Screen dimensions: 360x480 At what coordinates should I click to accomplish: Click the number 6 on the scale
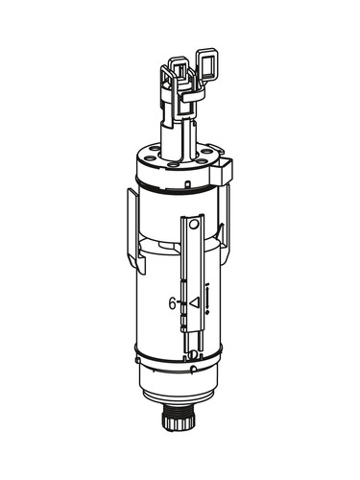coord(172,303)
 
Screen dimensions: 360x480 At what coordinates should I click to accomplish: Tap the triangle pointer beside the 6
coord(194,302)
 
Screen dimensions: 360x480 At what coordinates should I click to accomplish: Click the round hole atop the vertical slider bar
coord(193,225)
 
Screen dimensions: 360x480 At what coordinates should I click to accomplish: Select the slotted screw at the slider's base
coord(192,354)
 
